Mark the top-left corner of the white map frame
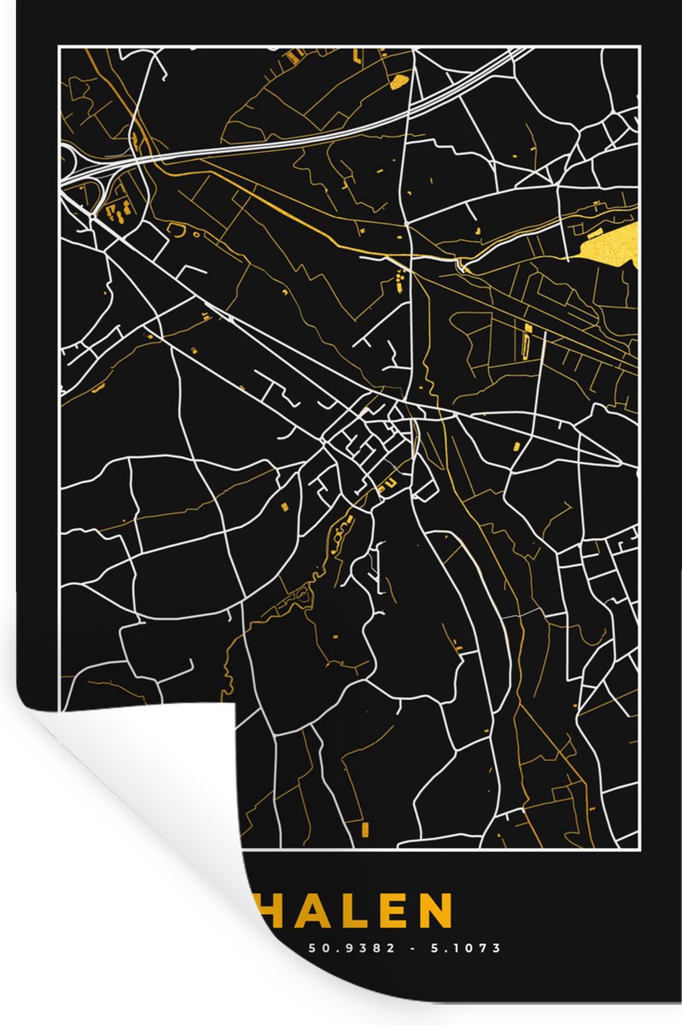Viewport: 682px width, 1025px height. (x=59, y=49)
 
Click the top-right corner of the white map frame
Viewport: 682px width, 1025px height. (x=638, y=49)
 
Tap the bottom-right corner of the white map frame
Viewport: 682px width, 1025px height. (x=638, y=849)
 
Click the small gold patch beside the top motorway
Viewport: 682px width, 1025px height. (x=398, y=83)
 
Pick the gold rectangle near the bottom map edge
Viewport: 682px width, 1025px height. (x=365, y=828)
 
